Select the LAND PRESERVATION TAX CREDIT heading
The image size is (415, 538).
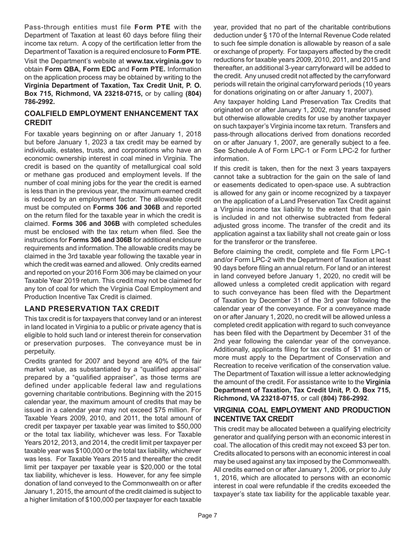pyautogui.click(x=86, y=309)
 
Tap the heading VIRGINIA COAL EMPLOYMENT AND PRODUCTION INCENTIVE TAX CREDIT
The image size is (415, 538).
pyautogui.click(x=302, y=414)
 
